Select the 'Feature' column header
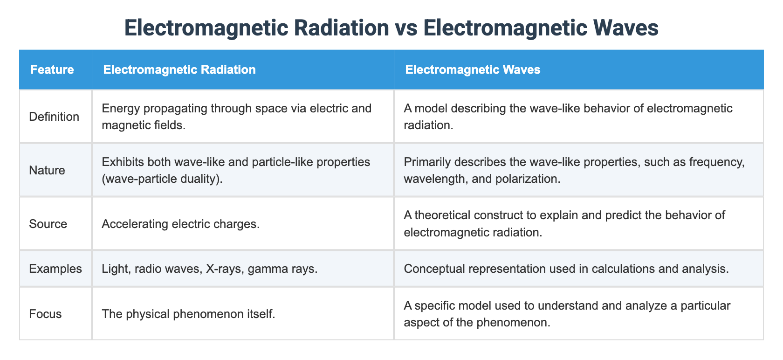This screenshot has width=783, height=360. pos(52,69)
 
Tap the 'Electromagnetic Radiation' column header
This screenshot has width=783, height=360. pos(179,69)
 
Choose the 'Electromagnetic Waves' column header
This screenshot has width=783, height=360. pos(473,69)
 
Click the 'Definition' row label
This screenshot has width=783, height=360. pos(54,117)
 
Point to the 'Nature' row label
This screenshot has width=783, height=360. pos(47,170)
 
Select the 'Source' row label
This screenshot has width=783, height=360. pos(48,224)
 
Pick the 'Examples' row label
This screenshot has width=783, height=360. pos(55,269)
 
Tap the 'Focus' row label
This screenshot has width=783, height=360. pos(45,313)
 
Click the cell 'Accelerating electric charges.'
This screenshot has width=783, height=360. pos(180,224)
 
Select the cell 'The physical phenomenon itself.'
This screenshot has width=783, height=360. pos(188,313)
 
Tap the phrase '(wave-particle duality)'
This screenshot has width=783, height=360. pos(162,179)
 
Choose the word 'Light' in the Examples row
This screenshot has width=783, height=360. pos(113,269)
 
